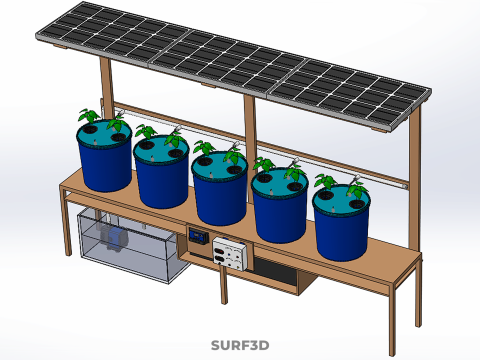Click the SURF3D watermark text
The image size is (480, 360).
tap(240, 346)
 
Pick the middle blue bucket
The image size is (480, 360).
tap(220, 197)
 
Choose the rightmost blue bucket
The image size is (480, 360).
tap(341, 231)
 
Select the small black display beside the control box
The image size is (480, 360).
tap(198, 236)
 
